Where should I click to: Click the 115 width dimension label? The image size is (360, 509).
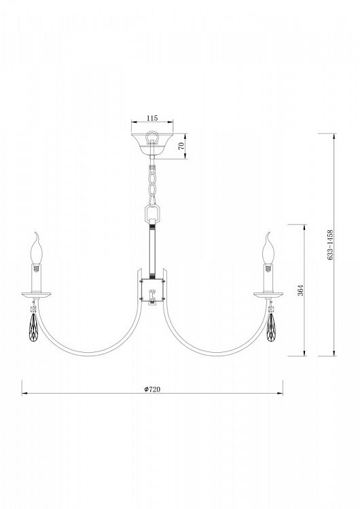click(152, 118)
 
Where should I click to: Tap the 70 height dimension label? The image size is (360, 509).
click(181, 145)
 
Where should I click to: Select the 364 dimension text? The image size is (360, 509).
click(300, 290)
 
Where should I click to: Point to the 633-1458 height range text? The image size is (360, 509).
click(330, 245)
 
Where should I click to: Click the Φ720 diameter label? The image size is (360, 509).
click(152, 390)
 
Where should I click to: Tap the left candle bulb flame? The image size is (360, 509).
click(37, 248)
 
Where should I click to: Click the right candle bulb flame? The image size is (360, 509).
click(268, 248)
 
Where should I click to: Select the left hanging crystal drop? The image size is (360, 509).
click(33, 328)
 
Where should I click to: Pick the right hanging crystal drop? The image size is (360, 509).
click(270, 328)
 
